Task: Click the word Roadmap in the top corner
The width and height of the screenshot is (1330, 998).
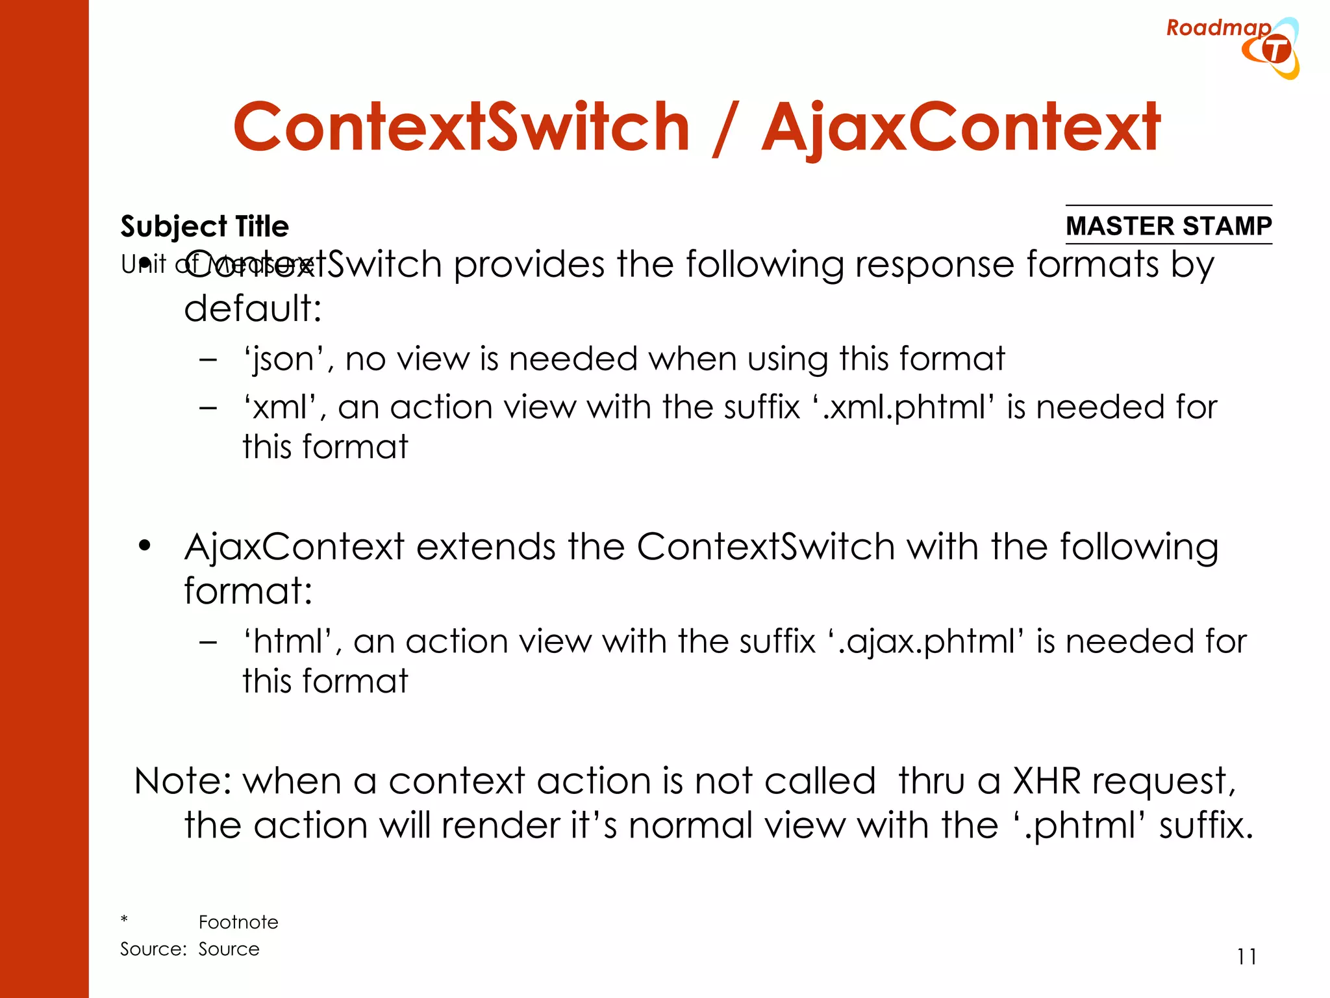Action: point(1218,28)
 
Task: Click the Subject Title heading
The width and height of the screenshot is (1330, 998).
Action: point(205,227)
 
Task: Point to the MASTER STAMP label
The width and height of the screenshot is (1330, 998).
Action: point(1168,226)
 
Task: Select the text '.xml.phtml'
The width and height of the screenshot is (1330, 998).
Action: point(903,408)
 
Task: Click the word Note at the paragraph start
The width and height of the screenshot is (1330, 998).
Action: point(181,781)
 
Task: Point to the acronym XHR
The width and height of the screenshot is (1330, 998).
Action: point(1046,781)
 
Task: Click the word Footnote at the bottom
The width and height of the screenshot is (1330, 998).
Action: point(238,922)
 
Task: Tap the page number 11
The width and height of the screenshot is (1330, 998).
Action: point(1246,957)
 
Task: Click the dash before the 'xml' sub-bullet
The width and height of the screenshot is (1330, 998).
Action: point(208,408)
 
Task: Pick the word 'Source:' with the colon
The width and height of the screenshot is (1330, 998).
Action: point(153,949)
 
